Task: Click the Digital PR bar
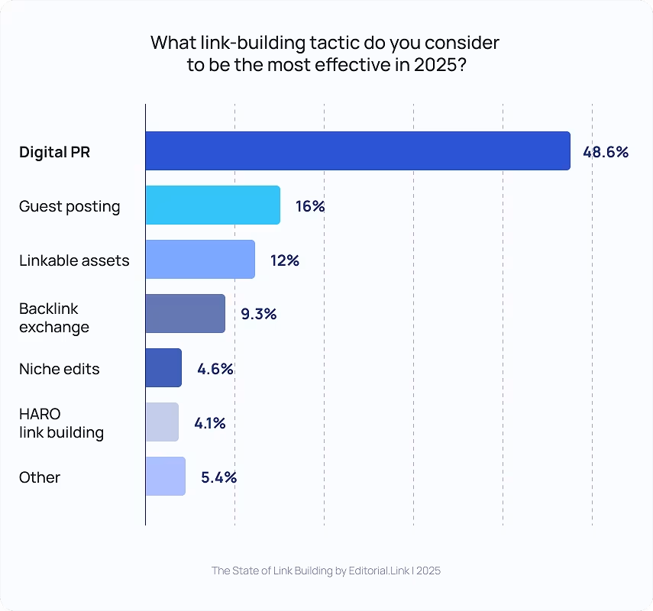(357, 151)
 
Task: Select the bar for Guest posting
(212, 205)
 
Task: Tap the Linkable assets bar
(200, 260)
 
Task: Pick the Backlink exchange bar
(185, 314)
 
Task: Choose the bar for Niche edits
(163, 368)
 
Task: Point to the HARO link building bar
(162, 422)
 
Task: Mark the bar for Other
(165, 477)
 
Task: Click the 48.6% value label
(605, 152)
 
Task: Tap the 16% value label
(310, 206)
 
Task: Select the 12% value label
(284, 260)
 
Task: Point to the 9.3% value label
(258, 314)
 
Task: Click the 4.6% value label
(215, 369)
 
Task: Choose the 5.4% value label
(218, 477)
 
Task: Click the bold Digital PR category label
(54, 152)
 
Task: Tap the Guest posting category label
(70, 206)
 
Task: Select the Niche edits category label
(60, 369)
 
